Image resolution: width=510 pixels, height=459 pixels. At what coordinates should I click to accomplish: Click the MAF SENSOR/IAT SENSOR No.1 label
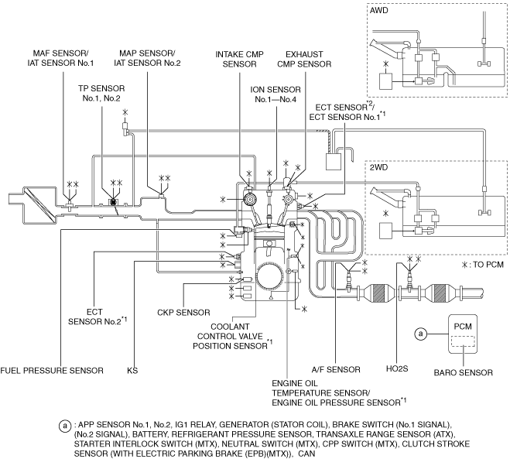[x=60, y=58]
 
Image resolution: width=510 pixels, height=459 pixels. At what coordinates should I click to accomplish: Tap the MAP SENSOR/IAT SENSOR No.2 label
[x=147, y=58]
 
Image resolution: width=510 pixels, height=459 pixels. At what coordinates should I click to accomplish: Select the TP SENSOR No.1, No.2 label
[x=101, y=94]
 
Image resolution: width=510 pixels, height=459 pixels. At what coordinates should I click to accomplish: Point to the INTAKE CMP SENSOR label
[x=239, y=59]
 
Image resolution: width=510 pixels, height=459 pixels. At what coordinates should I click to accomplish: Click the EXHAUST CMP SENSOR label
[x=304, y=59]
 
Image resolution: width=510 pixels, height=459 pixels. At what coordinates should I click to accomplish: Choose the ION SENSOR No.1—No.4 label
[x=276, y=94]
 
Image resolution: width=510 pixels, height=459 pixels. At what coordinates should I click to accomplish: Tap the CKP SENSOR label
[x=183, y=313]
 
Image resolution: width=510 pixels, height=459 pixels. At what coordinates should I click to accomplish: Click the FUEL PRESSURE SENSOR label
[x=52, y=371]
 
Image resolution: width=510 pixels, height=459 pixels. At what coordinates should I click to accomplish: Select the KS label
[x=132, y=371]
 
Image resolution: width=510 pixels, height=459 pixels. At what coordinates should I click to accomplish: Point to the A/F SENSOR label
[x=336, y=369]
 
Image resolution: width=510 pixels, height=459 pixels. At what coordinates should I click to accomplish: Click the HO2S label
[x=397, y=368]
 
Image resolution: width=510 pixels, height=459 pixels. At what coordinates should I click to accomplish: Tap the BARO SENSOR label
[x=463, y=372]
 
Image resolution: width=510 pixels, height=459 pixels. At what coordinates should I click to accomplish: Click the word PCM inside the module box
[x=463, y=327]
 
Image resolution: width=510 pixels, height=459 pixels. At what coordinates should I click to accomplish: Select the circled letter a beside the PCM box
[x=421, y=334]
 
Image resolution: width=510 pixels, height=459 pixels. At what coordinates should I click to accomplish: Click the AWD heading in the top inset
[x=379, y=10]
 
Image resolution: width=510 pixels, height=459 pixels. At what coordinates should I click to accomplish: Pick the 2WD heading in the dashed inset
[x=378, y=167]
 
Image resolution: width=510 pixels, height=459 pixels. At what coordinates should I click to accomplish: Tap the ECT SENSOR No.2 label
[x=98, y=317]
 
